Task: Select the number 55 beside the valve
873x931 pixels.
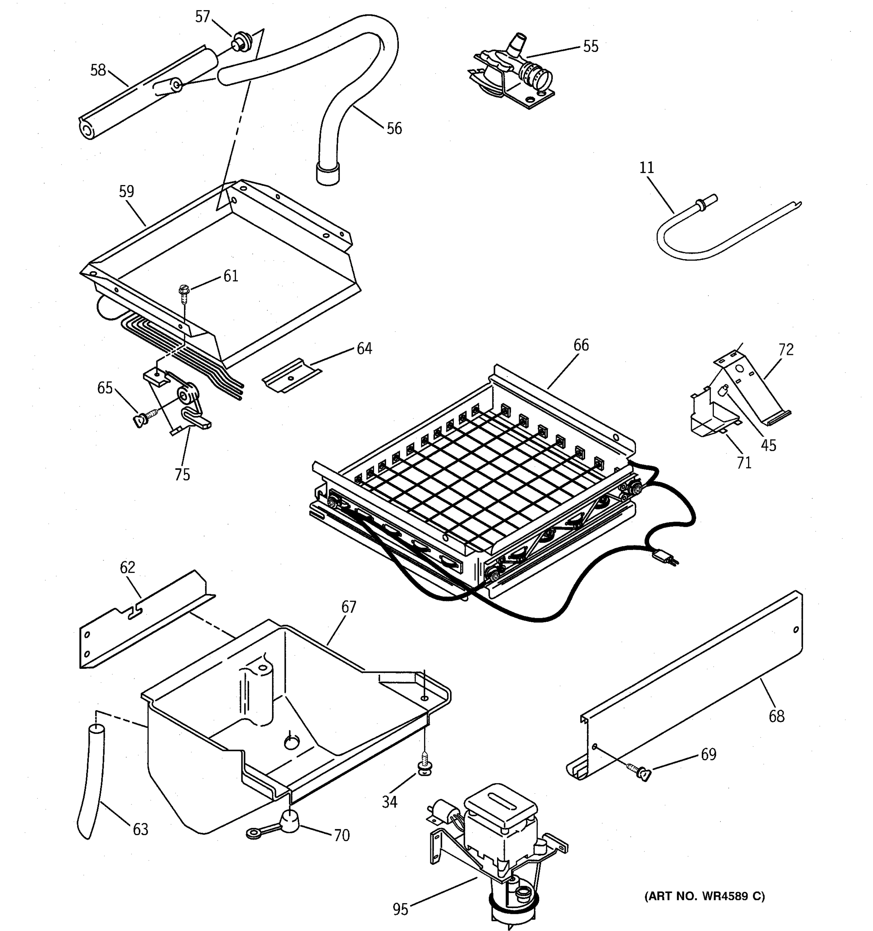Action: click(x=591, y=47)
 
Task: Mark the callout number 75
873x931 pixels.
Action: click(x=182, y=474)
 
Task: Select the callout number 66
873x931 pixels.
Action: click(x=581, y=345)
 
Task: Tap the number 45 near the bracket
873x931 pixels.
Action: click(x=768, y=445)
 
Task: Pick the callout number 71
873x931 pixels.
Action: click(x=744, y=462)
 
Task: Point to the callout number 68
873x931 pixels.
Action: click(x=776, y=716)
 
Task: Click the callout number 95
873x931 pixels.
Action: click(x=400, y=909)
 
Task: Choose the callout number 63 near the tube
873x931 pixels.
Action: click(x=140, y=829)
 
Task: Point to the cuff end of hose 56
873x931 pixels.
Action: click(x=327, y=174)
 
